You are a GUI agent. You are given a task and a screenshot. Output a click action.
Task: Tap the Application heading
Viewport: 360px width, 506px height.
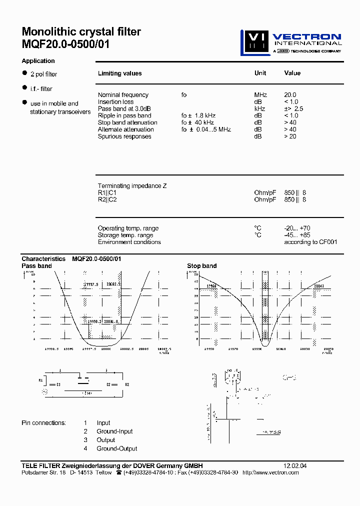coord(38,61)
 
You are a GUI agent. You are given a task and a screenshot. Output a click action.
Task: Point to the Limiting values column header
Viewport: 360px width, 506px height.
coord(119,73)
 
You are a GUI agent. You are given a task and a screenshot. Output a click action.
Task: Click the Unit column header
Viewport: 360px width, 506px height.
coord(260,73)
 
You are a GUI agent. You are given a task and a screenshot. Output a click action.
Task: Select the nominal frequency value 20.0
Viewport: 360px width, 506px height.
coord(290,95)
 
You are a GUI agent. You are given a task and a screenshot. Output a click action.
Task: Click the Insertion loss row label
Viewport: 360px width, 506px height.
coord(115,102)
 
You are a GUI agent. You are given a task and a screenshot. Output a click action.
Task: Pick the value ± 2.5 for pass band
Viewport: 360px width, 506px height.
coord(293,108)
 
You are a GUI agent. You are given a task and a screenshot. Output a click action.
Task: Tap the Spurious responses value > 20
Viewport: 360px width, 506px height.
coord(290,136)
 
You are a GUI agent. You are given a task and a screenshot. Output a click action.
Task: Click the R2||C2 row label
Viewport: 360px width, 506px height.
coord(107,199)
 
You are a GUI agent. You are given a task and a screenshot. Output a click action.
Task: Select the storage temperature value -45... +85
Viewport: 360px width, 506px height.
coord(297,235)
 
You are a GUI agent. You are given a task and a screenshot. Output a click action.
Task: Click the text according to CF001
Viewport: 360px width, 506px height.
coord(310,242)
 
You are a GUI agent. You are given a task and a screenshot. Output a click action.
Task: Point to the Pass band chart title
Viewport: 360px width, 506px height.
coord(36,266)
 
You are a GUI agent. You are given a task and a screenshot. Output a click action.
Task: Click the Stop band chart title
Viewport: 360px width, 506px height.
coord(202,266)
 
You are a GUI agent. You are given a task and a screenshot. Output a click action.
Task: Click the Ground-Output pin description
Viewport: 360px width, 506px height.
coord(117,448)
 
